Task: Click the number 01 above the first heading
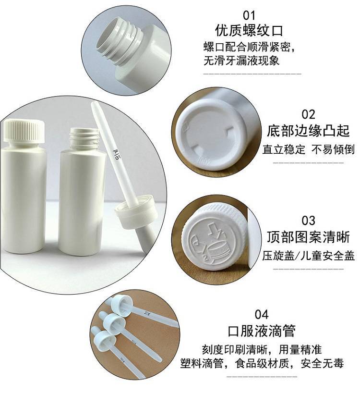coord(249,15)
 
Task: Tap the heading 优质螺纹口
coord(249,30)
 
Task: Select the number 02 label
coord(308,114)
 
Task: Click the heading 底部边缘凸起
coord(308,131)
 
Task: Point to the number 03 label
coord(308,221)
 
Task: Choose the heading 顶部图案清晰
coord(308,237)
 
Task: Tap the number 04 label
coord(262,314)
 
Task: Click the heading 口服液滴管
coord(262,331)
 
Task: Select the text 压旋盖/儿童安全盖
coord(308,256)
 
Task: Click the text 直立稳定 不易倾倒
coord(308,149)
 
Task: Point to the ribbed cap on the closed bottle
coord(24,130)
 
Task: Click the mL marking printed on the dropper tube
coord(117,155)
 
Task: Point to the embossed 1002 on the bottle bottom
coord(204,160)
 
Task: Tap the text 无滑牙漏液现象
coord(241,61)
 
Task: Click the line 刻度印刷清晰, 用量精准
coord(262,349)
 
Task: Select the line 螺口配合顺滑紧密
coord(249,47)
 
